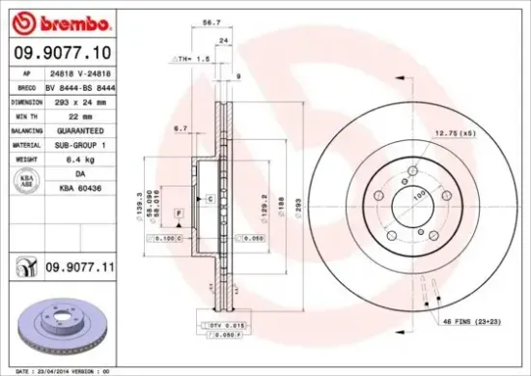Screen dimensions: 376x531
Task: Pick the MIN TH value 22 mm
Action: pos(82,114)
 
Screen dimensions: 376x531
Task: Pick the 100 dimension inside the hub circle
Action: pos(420,196)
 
